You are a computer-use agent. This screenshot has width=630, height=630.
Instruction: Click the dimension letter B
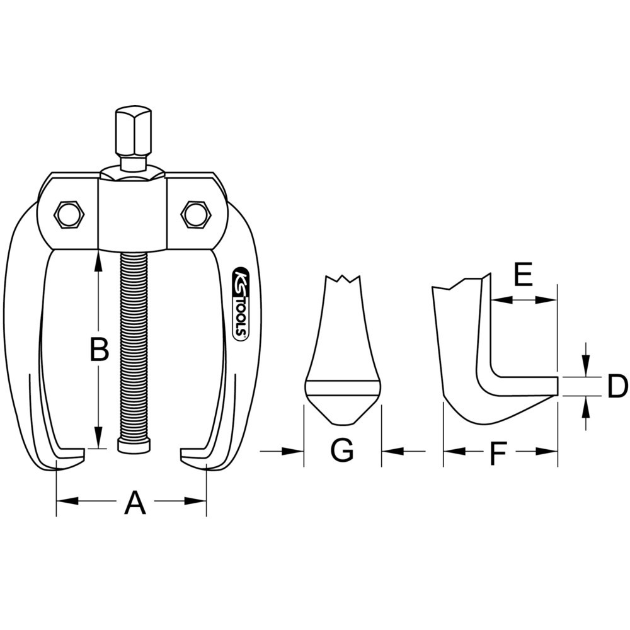[x=98, y=350]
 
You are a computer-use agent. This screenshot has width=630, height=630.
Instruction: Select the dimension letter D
[x=617, y=386]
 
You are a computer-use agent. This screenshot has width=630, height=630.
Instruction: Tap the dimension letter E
[x=523, y=275]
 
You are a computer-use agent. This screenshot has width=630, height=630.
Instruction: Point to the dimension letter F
[x=498, y=454]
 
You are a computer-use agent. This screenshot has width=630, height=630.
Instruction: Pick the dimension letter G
[x=342, y=451]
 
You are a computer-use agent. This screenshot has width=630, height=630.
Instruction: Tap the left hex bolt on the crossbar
[x=68, y=215]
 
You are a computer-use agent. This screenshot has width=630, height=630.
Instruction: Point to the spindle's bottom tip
[x=134, y=445]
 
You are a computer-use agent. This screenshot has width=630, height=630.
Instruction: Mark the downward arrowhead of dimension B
[x=98, y=439]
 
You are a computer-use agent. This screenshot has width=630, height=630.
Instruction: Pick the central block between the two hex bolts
[x=133, y=214]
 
